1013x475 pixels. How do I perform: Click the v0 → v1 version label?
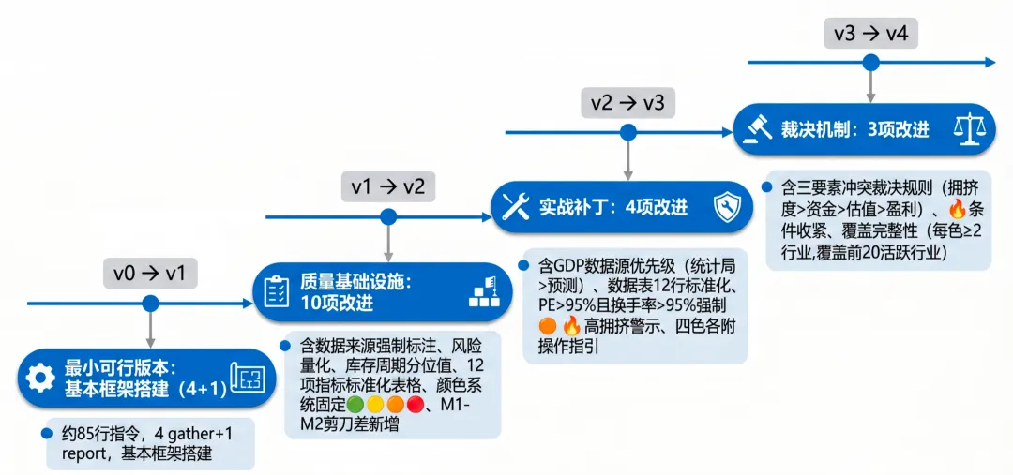pyautogui.click(x=150, y=274)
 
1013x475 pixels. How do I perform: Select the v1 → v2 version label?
pyautogui.click(x=387, y=186)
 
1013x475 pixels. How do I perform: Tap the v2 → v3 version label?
pyautogui.click(x=627, y=101)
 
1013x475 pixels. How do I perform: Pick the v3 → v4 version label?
pyautogui.click(x=870, y=34)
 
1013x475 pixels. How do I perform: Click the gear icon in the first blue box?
pyautogui.click(x=39, y=378)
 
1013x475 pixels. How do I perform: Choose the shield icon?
pyautogui.click(x=727, y=206)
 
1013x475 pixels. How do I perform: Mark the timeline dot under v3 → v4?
pyautogui.click(x=870, y=63)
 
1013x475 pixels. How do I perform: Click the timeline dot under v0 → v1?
pyautogui.click(x=150, y=304)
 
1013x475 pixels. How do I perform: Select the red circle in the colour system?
pyautogui.click(x=416, y=405)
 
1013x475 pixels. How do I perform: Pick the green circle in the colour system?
pyautogui.click(x=354, y=405)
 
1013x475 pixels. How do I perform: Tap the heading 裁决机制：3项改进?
pyautogui.click(x=854, y=129)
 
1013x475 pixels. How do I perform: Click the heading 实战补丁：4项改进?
pyautogui.click(x=613, y=206)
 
